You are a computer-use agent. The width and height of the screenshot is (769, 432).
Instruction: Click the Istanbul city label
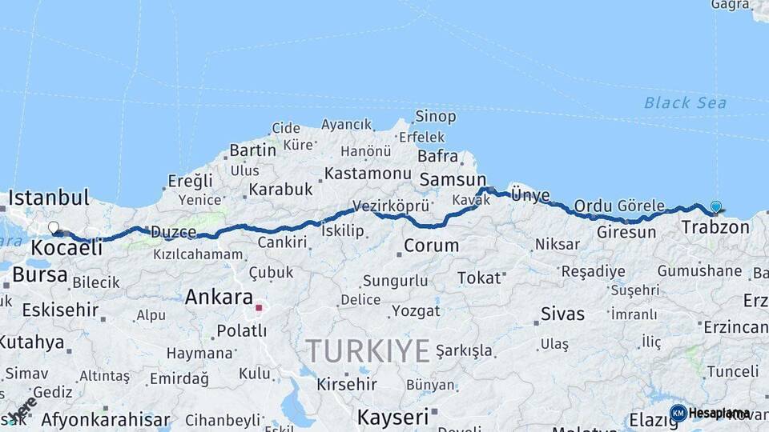[48, 197]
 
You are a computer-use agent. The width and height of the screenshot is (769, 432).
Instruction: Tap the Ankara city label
[219, 297]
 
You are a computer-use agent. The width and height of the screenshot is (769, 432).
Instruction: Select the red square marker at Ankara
[258, 307]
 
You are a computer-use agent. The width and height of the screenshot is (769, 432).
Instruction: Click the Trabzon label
[715, 227]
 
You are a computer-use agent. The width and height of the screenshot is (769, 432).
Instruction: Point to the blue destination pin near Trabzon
[715, 207]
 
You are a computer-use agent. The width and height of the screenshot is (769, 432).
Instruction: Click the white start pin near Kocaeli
[54, 228]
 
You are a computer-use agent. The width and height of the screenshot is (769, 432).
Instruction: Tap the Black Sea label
[685, 102]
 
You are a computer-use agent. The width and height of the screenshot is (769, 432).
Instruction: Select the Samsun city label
[453, 180]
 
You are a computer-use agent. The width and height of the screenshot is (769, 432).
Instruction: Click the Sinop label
[437, 117]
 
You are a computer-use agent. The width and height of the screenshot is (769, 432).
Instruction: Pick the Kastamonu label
[368, 173]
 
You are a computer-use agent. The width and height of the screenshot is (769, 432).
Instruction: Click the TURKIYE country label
[368, 350]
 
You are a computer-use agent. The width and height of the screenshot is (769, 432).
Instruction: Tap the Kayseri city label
[393, 417]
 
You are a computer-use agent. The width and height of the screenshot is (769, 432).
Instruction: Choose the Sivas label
[562, 313]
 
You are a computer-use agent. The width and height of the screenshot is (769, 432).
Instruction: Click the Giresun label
[626, 233]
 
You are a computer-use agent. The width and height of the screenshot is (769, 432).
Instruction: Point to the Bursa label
[40, 275]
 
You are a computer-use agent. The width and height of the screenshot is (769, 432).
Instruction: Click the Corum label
[431, 246]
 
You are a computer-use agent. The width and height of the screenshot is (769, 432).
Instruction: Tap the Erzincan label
[735, 327]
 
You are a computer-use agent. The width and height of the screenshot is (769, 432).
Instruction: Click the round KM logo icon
[678, 413]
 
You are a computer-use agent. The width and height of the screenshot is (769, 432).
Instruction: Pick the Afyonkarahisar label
[105, 419]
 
